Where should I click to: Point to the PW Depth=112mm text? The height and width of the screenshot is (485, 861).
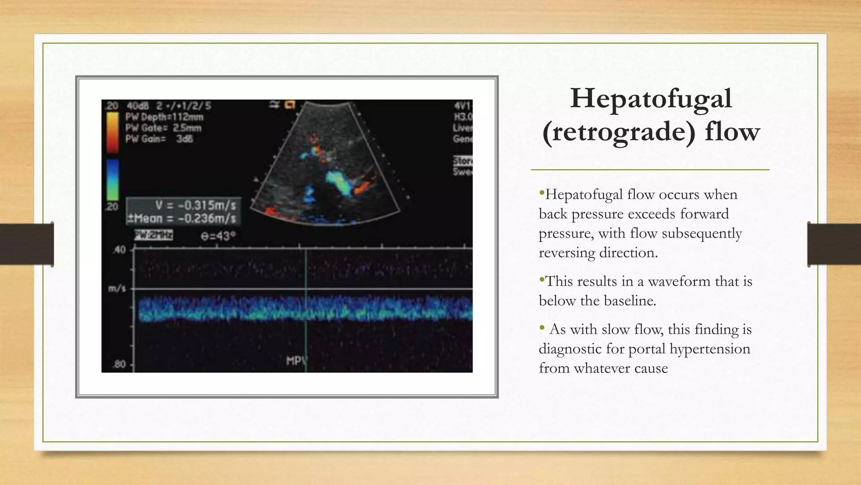tap(164, 117)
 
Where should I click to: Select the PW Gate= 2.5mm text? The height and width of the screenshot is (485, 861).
tap(163, 128)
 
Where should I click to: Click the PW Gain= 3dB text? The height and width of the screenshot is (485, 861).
tap(159, 139)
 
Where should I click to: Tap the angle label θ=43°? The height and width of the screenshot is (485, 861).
tap(218, 236)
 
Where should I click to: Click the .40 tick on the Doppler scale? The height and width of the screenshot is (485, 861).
tap(119, 250)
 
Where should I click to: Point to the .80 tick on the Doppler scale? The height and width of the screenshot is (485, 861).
tap(119, 364)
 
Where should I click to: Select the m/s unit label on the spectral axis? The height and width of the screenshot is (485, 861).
tap(117, 289)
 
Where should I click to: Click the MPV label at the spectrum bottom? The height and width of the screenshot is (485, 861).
tap(296, 361)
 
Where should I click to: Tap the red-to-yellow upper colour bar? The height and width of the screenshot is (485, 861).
tap(112, 133)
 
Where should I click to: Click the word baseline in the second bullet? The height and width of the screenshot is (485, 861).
tap(629, 301)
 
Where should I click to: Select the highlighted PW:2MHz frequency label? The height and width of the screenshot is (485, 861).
tap(153, 235)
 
